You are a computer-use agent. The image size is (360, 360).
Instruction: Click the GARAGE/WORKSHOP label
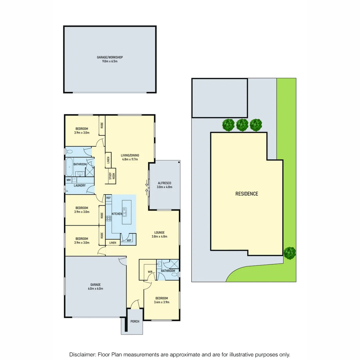110,57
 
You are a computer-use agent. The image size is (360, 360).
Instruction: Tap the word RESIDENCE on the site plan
247,194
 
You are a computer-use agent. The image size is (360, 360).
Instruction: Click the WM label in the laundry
68,180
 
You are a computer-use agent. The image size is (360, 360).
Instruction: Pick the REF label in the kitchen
108,198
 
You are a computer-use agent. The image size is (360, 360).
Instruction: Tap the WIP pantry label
129,240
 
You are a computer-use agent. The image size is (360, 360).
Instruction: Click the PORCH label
135,321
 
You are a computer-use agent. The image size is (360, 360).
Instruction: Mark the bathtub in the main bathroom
69,166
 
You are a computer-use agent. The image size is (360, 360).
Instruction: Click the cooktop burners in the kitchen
108,219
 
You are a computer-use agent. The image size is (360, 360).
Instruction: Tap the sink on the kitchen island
124,211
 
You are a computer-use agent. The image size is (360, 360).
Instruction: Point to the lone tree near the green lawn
289,252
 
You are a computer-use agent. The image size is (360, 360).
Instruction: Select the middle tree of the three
242,125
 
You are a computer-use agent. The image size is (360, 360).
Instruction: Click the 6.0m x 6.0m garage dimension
95,289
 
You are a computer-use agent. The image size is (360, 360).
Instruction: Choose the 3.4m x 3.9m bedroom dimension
161,302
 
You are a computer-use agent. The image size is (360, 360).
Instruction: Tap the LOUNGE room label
159,232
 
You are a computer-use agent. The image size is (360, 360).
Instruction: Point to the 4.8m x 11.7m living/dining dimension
130,159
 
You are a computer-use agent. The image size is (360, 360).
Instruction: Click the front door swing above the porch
135,304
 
